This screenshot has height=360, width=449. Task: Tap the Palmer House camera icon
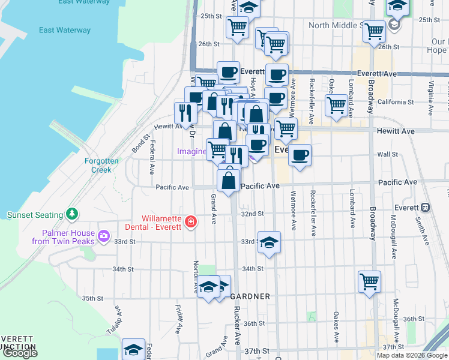click(x=104, y=235)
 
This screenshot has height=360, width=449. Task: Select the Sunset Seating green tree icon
click(x=72, y=213)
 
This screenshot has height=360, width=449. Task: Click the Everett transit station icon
click(x=425, y=208)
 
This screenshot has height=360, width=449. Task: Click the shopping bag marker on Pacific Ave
click(x=229, y=181)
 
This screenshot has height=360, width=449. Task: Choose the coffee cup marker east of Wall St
click(x=300, y=155)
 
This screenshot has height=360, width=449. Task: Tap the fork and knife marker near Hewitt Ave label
click(x=184, y=112)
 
